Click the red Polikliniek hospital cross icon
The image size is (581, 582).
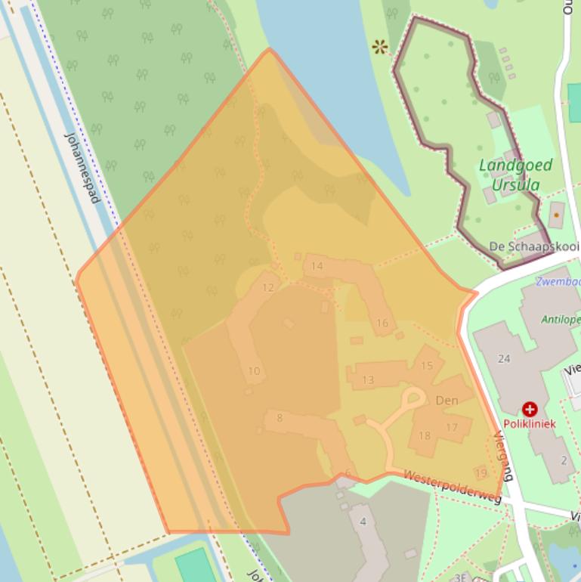pyautogui.click(x=530, y=410)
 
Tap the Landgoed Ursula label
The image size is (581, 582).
pyautogui.click(x=515, y=175)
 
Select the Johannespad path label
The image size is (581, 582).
pyautogui.click(x=82, y=168)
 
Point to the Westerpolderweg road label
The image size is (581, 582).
pyautogui.click(x=452, y=488)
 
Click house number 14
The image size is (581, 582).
pyautogui.click(x=317, y=266)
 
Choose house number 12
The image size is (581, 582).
pyautogui.click(x=267, y=288)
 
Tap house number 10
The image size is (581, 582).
pyautogui.click(x=254, y=371)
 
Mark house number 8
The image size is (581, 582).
pyautogui.click(x=280, y=418)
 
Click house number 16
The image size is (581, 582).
pyautogui.click(x=382, y=324)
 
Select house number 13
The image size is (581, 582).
pyautogui.click(x=368, y=379)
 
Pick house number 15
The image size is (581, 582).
pyautogui.click(x=427, y=366)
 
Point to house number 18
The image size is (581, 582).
pyautogui.click(x=424, y=435)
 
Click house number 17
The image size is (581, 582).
pyautogui.click(x=452, y=428)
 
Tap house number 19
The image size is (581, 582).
pyautogui.click(x=481, y=473)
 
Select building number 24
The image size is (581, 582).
pyautogui.click(x=505, y=358)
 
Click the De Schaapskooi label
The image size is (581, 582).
pyautogui.click(x=533, y=246)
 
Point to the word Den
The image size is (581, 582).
pyautogui.click(x=447, y=401)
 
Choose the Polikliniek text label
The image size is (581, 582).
pyautogui.click(x=529, y=424)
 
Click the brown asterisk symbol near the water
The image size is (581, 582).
pyautogui.click(x=380, y=48)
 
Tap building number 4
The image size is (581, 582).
pyautogui.click(x=363, y=522)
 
